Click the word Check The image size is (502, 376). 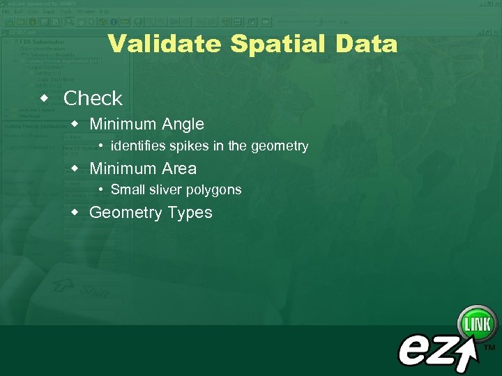[93, 99]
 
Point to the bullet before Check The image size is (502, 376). [45, 97]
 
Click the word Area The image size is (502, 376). [178, 169]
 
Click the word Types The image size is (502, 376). [189, 213]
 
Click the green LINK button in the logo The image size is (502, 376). [477, 324]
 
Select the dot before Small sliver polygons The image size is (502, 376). [102, 189]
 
